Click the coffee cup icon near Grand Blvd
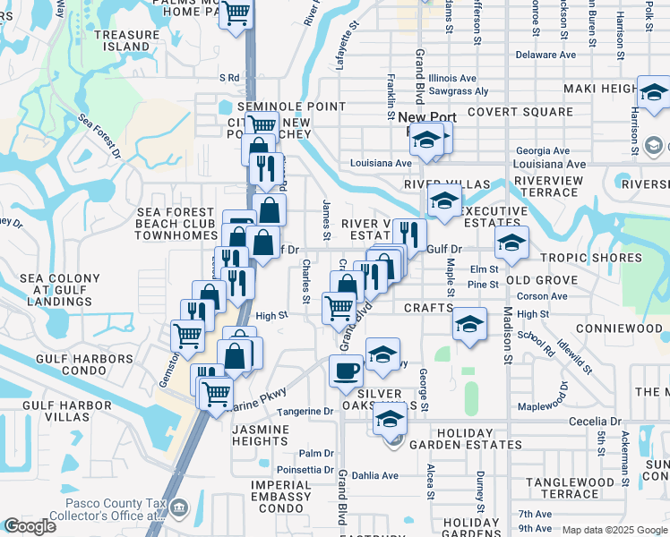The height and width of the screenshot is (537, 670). [x=346, y=369]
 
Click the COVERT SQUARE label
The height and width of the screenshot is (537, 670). [x=520, y=112]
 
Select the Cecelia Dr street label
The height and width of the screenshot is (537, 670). [x=595, y=421]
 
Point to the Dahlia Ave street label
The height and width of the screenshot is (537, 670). [x=374, y=475]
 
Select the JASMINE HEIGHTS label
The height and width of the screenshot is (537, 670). [x=260, y=436]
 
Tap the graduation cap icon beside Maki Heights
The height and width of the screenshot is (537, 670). [x=654, y=91]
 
